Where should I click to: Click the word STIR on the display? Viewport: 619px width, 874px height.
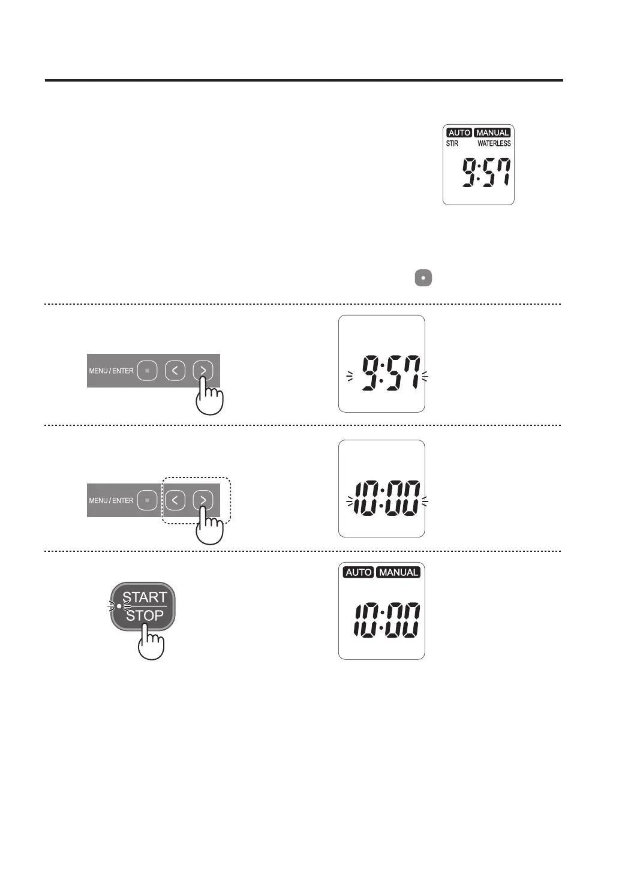[452, 143]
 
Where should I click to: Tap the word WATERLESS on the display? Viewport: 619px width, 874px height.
[494, 143]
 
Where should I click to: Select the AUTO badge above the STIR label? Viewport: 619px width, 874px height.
[459, 133]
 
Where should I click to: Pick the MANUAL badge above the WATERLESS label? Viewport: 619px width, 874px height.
[492, 133]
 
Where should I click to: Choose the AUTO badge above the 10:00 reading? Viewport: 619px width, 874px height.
[358, 572]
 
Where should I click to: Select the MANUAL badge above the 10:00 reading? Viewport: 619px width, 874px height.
[398, 572]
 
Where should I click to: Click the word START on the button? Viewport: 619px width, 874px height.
[145, 597]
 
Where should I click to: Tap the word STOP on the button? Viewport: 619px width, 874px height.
[145, 615]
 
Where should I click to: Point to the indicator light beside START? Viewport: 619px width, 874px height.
[119, 606]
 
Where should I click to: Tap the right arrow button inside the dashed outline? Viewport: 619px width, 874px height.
[203, 500]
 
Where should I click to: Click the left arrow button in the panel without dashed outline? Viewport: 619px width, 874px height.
[175, 371]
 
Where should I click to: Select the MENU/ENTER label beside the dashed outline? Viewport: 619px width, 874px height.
[111, 500]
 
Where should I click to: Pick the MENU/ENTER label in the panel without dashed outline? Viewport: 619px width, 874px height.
[111, 371]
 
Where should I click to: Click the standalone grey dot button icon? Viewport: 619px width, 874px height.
[423, 278]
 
